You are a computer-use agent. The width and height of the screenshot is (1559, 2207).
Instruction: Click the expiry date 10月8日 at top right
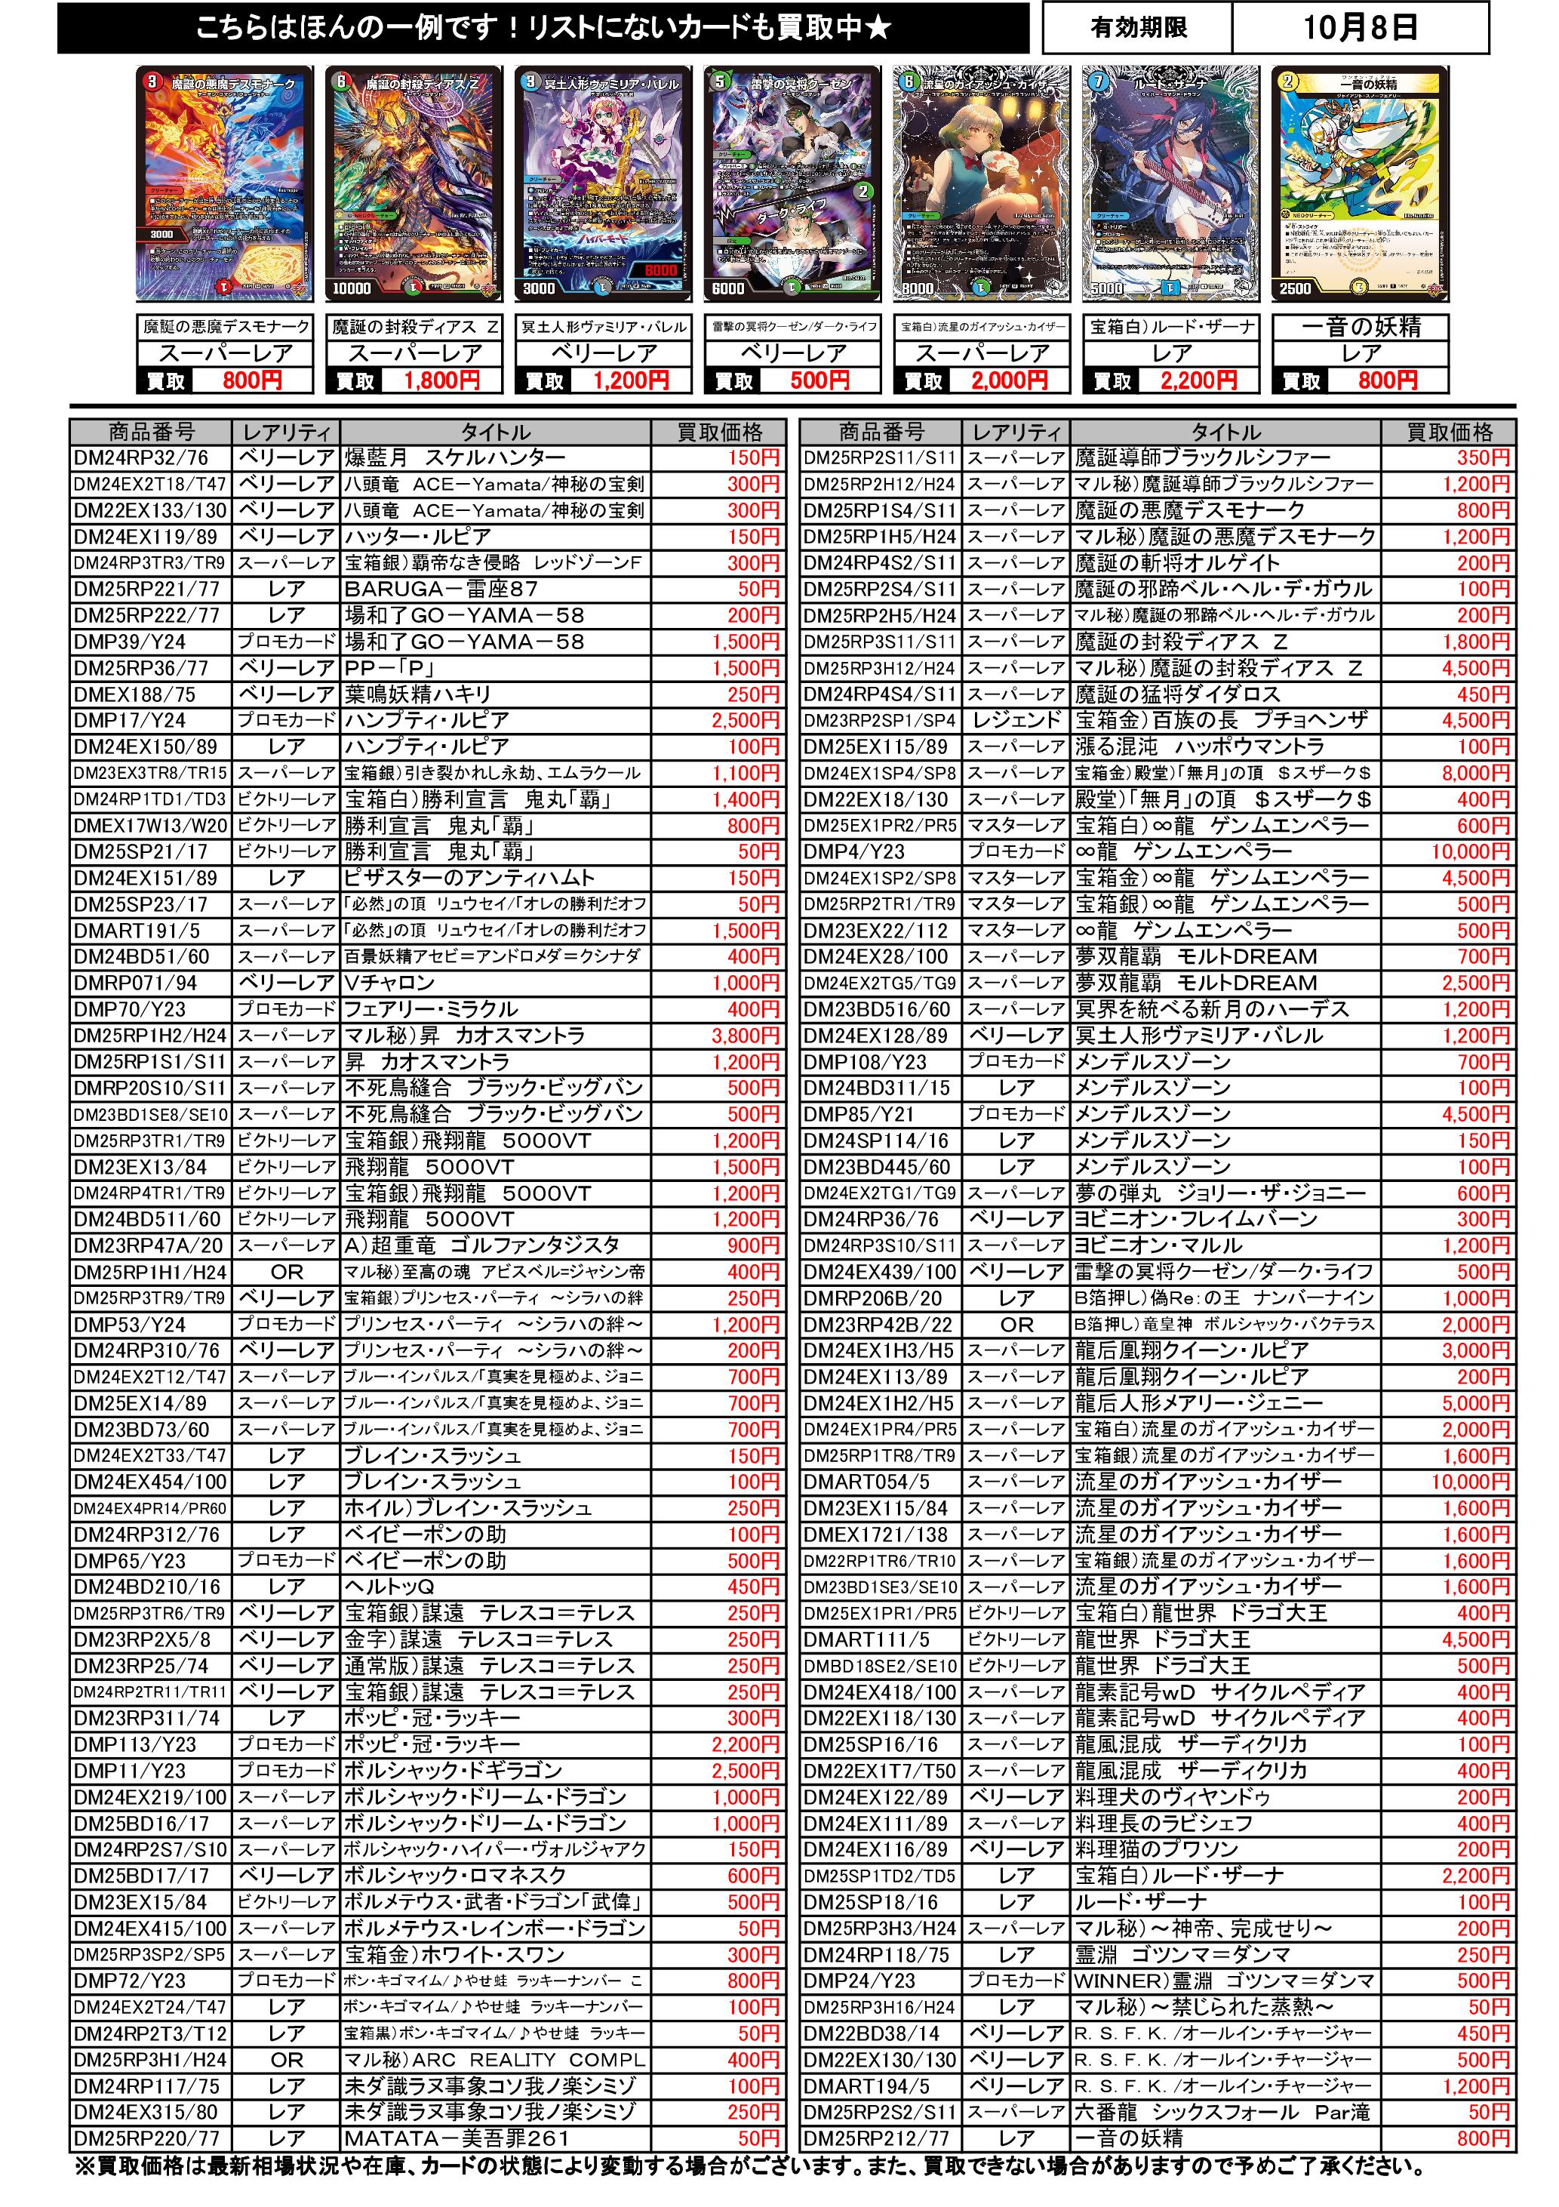pyautogui.click(x=1359, y=28)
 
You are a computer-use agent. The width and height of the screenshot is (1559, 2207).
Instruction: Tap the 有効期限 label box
pyautogui.click(x=1138, y=28)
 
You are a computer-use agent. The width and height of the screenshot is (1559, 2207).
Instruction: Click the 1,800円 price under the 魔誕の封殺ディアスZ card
pyautogui.click(x=441, y=380)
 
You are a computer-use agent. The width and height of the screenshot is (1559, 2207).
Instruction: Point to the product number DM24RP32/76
pyautogui.click(x=141, y=457)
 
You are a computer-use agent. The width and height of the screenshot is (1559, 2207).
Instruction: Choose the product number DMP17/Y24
pyautogui.click(x=130, y=720)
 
